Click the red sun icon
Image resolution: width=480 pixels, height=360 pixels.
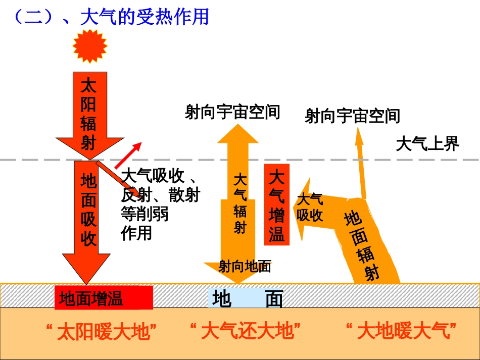click(90, 46)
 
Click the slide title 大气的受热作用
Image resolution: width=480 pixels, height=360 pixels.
click(145, 17)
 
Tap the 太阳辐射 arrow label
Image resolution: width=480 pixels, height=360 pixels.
click(88, 114)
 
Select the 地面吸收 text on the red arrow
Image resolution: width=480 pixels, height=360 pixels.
click(88, 210)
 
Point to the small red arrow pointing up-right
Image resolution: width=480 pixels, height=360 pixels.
click(128, 156)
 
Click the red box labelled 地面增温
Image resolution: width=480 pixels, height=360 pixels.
click(104, 297)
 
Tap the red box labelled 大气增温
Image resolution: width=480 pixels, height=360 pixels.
click(277, 204)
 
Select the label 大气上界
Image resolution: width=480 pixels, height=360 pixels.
click(427, 144)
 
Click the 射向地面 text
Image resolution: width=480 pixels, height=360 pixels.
click(245, 267)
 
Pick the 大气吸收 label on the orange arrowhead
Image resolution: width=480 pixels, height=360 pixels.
click(310, 208)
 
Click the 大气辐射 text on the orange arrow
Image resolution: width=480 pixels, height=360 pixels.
click(240, 203)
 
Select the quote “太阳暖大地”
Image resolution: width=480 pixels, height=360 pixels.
click(102, 331)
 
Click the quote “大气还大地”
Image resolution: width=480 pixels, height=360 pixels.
click(245, 331)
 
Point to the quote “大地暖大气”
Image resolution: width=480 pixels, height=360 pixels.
click(401, 331)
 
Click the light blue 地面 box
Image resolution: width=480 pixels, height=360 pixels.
click(245, 298)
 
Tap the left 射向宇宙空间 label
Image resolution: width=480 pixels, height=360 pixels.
click(232, 112)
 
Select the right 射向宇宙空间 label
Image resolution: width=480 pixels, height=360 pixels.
click(352, 116)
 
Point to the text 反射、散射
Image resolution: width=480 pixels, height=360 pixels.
click(160, 195)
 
